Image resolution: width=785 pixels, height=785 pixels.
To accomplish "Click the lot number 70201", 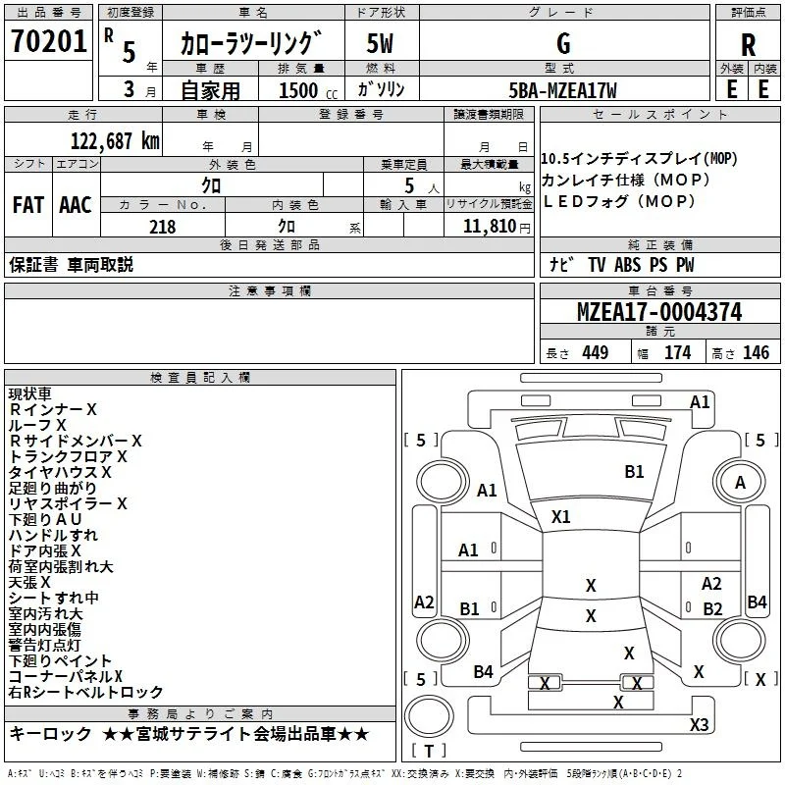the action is tap(48, 41).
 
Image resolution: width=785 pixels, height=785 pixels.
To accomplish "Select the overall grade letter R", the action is tap(748, 45).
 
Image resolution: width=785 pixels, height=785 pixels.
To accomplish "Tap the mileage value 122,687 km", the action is tap(115, 141).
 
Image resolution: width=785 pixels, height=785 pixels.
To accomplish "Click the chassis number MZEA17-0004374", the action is tap(659, 311).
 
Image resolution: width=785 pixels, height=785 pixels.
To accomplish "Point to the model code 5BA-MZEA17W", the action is tap(562, 90).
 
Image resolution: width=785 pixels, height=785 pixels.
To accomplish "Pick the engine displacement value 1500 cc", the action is tap(308, 90).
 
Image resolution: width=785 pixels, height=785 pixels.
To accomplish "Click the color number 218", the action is tap(162, 227).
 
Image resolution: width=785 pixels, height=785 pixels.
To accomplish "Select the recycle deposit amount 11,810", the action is tap(489, 227).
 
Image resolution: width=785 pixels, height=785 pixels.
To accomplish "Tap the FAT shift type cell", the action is tap(28, 205).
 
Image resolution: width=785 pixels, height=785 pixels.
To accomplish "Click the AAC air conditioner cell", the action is tap(76, 205).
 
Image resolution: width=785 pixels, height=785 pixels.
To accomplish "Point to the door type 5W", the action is tap(380, 43).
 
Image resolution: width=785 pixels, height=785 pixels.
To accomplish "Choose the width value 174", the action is tap(677, 352).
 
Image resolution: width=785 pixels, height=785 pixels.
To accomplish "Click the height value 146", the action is tap(756, 352).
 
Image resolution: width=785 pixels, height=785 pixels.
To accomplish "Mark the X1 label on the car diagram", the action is tap(560, 517).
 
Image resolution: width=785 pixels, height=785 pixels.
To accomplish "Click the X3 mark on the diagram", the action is tap(699, 724).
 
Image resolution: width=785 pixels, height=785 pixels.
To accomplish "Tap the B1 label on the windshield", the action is tap(634, 472).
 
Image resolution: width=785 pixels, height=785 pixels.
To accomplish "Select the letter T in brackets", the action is tap(429, 751).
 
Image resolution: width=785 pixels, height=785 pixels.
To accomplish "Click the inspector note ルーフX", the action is tap(37, 425).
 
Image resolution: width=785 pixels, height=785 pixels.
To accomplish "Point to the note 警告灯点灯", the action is tap(44, 645).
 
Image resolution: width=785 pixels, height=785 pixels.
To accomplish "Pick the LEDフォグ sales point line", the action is tap(619, 201).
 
